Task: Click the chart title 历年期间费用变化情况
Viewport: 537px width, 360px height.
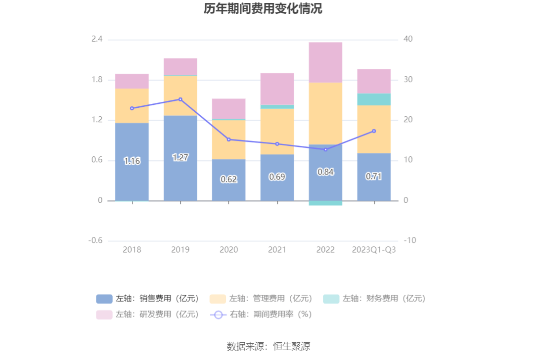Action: (263, 9)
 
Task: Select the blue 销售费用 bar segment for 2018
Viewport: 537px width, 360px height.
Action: (132, 143)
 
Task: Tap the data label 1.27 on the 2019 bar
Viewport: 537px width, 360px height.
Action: (180, 157)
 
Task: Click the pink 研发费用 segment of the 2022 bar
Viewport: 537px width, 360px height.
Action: (325, 62)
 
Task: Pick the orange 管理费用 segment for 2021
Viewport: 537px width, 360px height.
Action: (277, 131)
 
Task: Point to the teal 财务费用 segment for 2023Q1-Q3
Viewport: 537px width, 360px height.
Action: (374, 99)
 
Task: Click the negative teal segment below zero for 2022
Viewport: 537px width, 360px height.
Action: (325, 203)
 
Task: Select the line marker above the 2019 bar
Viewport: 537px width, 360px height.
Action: (180, 99)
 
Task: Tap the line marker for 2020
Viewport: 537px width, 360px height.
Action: (228, 139)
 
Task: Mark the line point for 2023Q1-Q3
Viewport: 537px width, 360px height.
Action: (374, 131)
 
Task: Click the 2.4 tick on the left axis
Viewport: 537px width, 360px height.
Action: (97, 39)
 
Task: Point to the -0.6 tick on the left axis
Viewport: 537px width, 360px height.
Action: (95, 241)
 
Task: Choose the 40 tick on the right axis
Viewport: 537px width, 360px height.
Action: (408, 39)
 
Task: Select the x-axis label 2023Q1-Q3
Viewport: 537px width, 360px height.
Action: (374, 250)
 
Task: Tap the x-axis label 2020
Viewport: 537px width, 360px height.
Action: (228, 250)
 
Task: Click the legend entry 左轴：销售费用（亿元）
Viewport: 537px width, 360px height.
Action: (148, 299)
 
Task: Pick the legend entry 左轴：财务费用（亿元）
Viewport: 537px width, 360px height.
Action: (375, 299)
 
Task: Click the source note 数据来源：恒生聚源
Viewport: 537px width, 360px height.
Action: (268, 346)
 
